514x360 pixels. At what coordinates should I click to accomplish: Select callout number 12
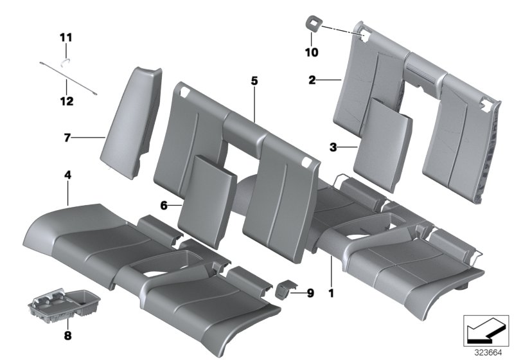(66, 101)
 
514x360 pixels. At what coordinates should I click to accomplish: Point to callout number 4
(67, 175)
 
